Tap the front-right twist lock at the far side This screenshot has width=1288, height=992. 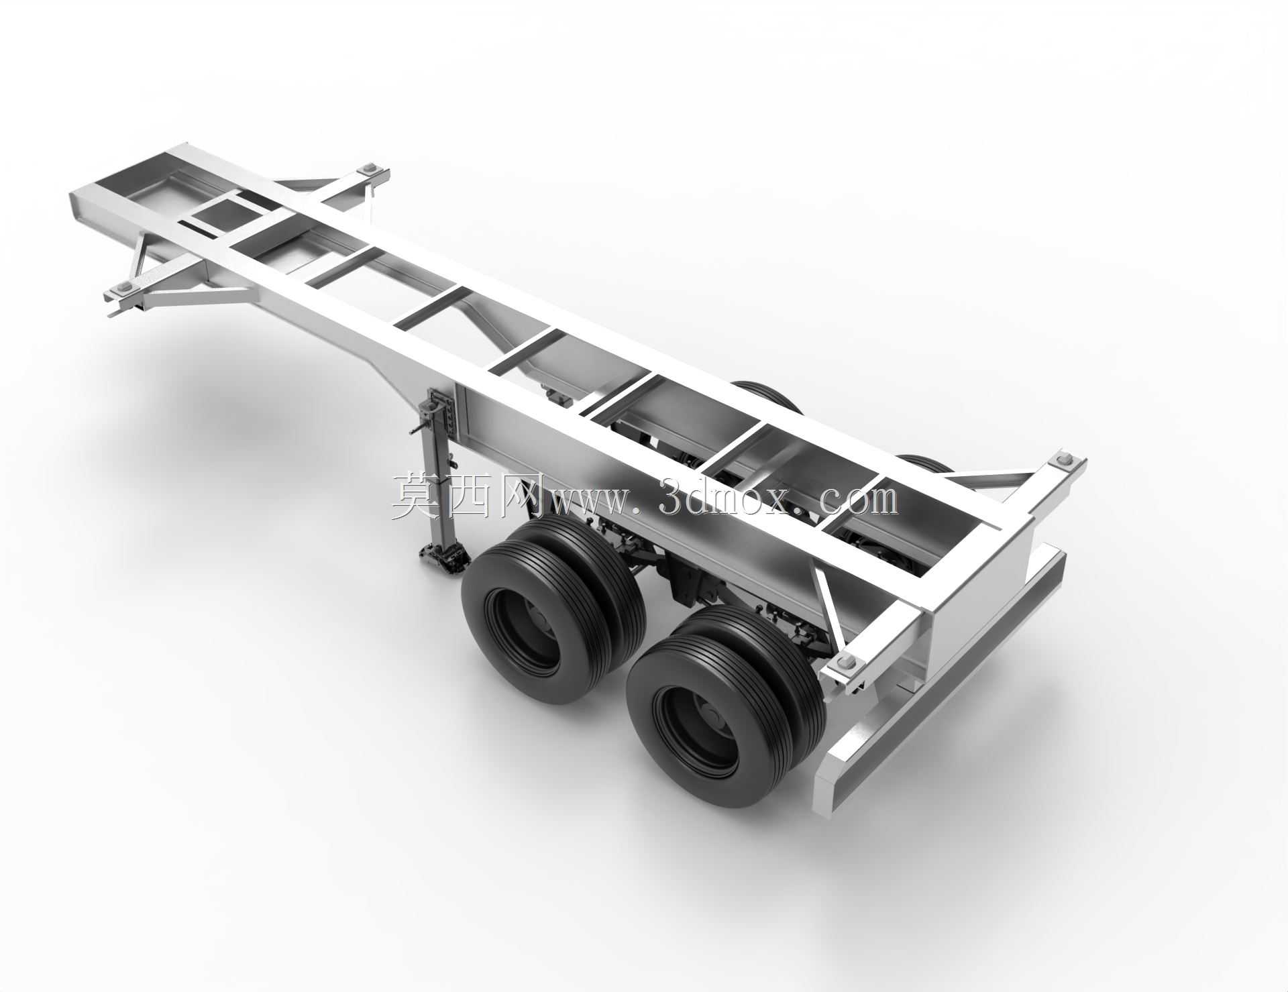369,169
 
